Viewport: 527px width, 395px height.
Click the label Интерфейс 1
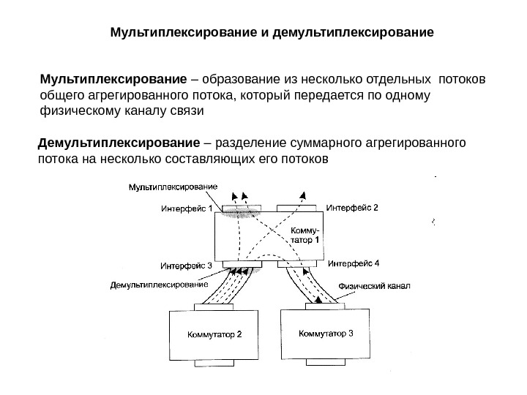(187, 208)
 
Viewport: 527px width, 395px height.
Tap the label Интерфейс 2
(352, 207)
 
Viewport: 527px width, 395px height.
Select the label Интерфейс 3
(186, 265)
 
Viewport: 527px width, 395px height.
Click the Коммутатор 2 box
(214, 335)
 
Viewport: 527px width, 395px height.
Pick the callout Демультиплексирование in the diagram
(159, 284)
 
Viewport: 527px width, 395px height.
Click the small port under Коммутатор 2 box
(214, 364)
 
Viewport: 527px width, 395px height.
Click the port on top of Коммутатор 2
(214, 306)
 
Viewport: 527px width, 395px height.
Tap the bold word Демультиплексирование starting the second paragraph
(118, 140)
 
